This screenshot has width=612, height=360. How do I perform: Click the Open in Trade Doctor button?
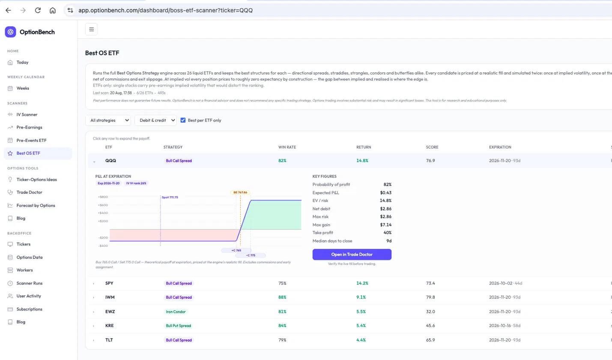click(x=352, y=254)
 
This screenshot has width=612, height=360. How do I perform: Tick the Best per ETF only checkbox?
click(x=183, y=120)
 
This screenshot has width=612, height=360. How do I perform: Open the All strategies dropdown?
click(x=108, y=120)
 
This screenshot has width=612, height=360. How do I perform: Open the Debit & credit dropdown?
click(x=155, y=120)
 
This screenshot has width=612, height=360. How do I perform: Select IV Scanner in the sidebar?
click(x=27, y=114)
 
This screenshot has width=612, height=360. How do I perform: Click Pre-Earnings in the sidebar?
click(x=29, y=127)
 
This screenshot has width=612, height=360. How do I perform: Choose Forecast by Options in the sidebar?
click(x=36, y=205)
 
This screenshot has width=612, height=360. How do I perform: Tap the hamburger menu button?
click(x=91, y=29)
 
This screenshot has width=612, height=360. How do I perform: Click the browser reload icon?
click(x=38, y=10)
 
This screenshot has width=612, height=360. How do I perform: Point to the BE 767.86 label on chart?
click(x=240, y=192)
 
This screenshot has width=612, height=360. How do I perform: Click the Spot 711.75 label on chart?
click(x=170, y=198)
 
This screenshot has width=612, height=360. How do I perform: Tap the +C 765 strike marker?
click(x=236, y=250)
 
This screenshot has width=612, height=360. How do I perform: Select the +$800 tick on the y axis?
click(x=103, y=197)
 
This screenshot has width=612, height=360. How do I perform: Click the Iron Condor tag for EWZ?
click(x=176, y=312)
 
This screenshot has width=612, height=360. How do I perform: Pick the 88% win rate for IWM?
click(x=282, y=297)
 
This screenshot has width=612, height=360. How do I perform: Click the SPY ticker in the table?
click(x=109, y=283)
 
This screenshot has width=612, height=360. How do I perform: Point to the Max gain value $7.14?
click(x=385, y=225)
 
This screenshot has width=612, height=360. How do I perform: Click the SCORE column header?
click(x=432, y=147)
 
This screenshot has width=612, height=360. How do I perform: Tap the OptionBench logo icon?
click(x=10, y=32)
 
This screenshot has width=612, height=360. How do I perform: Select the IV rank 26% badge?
click(x=136, y=183)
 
